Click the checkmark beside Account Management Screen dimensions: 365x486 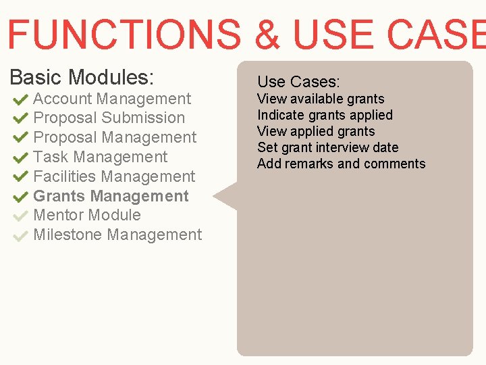(20, 99)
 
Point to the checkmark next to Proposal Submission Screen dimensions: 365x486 (20, 118)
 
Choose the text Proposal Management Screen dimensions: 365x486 (115, 137)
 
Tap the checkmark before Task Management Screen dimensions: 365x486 (20, 157)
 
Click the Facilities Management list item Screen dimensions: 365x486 (113, 176)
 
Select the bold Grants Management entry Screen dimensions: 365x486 (111, 196)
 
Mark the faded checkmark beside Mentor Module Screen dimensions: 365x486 (20, 216)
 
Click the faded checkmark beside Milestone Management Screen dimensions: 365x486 (20, 236)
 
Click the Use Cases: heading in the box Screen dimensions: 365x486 (298, 82)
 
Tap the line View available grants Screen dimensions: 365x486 (321, 99)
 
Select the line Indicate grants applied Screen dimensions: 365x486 (325, 115)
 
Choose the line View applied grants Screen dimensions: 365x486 (316, 131)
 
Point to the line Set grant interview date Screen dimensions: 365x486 (327, 147)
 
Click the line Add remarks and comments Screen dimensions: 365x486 (341, 164)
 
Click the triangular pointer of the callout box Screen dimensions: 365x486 (227, 197)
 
